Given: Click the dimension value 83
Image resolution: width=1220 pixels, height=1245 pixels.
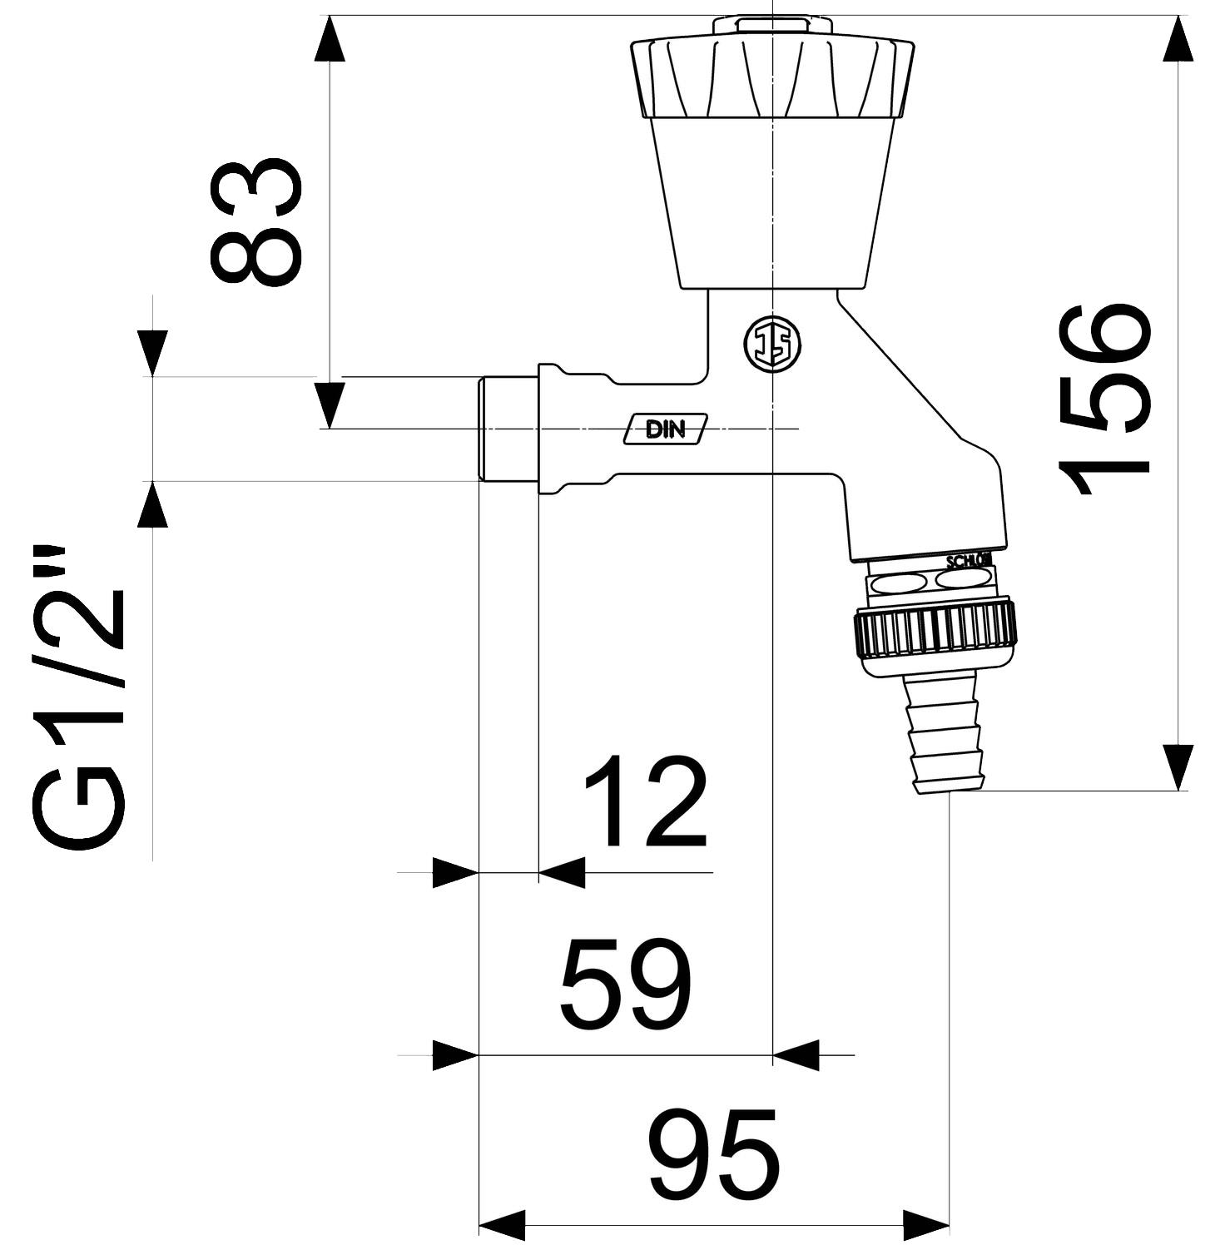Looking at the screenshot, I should (254, 221).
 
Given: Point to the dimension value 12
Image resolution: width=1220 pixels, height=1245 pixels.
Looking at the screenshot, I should (645, 801).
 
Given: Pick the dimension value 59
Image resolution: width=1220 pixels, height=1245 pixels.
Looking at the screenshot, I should (626, 985).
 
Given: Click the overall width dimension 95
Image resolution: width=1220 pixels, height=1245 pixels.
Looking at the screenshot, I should (713, 1151).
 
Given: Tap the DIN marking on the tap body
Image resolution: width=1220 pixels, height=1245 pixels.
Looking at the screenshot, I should (666, 429).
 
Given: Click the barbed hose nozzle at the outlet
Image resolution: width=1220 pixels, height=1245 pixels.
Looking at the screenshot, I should (949, 732).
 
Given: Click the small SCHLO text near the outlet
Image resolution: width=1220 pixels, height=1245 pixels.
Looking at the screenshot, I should (970, 561).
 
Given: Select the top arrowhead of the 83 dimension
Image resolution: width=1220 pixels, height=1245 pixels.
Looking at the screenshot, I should (331, 37).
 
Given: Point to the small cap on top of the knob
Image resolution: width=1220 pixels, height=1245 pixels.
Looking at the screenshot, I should (761, 24).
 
